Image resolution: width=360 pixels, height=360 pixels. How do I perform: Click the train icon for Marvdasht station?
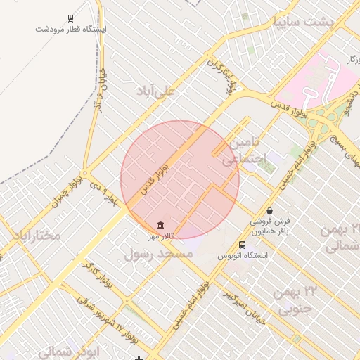pos(71,18)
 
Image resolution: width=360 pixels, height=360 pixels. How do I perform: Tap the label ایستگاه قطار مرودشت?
pos(71,29)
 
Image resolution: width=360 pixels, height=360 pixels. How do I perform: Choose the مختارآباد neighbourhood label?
pos(31,236)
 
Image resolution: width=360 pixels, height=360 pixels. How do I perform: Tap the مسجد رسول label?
pos(158,255)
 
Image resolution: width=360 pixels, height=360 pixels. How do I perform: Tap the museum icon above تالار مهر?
pos(162,225)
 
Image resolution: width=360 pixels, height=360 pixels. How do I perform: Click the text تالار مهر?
pos(162,236)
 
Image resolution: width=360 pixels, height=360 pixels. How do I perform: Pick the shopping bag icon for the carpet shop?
pos(270,210)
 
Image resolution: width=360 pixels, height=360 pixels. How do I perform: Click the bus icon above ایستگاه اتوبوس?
pos(243,245)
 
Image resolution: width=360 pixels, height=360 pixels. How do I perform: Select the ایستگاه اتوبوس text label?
pos(243,256)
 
